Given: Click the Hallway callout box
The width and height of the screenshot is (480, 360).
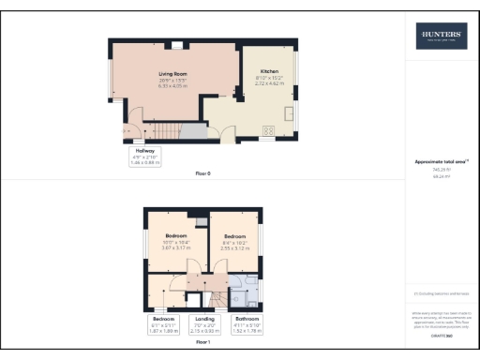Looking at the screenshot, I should tap(143, 156).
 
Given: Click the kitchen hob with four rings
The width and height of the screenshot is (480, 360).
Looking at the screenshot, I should tap(268, 130).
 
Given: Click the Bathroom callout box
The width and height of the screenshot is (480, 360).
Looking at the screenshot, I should tap(247, 323).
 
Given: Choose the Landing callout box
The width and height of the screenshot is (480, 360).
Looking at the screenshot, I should tap(203, 323).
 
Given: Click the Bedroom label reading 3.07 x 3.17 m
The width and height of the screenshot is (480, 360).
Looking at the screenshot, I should tap(177, 241).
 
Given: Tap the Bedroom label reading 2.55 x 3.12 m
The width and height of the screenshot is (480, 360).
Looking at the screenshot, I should tap(234, 241).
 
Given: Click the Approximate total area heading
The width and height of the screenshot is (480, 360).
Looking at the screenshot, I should tap(439, 161).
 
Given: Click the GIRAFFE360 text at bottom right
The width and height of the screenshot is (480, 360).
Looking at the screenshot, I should tap(439, 334).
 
